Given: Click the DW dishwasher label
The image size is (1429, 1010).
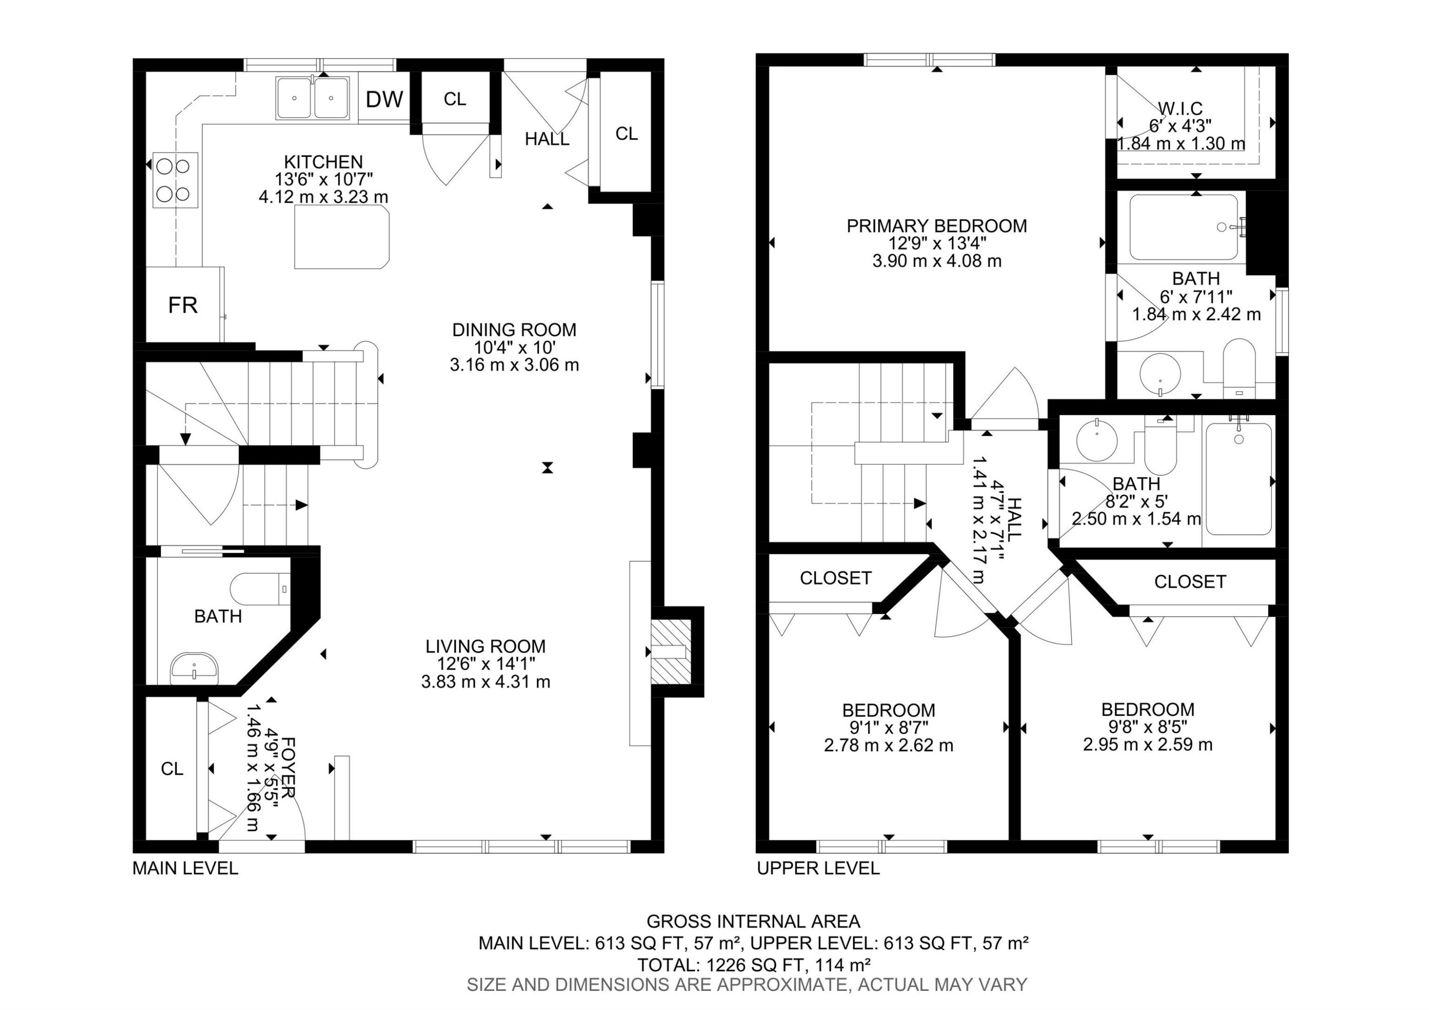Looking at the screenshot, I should [384, 99].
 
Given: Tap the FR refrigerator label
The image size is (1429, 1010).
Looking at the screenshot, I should [183, 305].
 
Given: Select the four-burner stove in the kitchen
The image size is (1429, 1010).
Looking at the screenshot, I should [175, 180].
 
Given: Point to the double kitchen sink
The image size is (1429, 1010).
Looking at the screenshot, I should [312, 98].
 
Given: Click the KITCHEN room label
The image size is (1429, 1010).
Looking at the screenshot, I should [323, 162].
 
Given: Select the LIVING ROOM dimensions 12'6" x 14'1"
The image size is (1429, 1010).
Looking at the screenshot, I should [485, 664].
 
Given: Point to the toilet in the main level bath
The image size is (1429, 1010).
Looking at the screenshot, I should [260, 589].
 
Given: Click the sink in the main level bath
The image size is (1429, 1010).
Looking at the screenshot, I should [194, 668].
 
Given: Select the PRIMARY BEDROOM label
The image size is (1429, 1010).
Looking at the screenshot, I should [936, 226].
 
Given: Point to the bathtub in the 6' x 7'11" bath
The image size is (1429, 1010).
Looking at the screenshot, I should [1183, 227].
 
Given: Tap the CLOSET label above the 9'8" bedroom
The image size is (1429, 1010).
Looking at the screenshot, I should [1189, 582].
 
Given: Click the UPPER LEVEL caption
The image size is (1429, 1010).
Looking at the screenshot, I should [818, 868].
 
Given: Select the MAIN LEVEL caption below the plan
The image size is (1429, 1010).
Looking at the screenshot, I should [185, 868].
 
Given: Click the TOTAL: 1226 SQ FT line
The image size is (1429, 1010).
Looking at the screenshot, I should [753, 965].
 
